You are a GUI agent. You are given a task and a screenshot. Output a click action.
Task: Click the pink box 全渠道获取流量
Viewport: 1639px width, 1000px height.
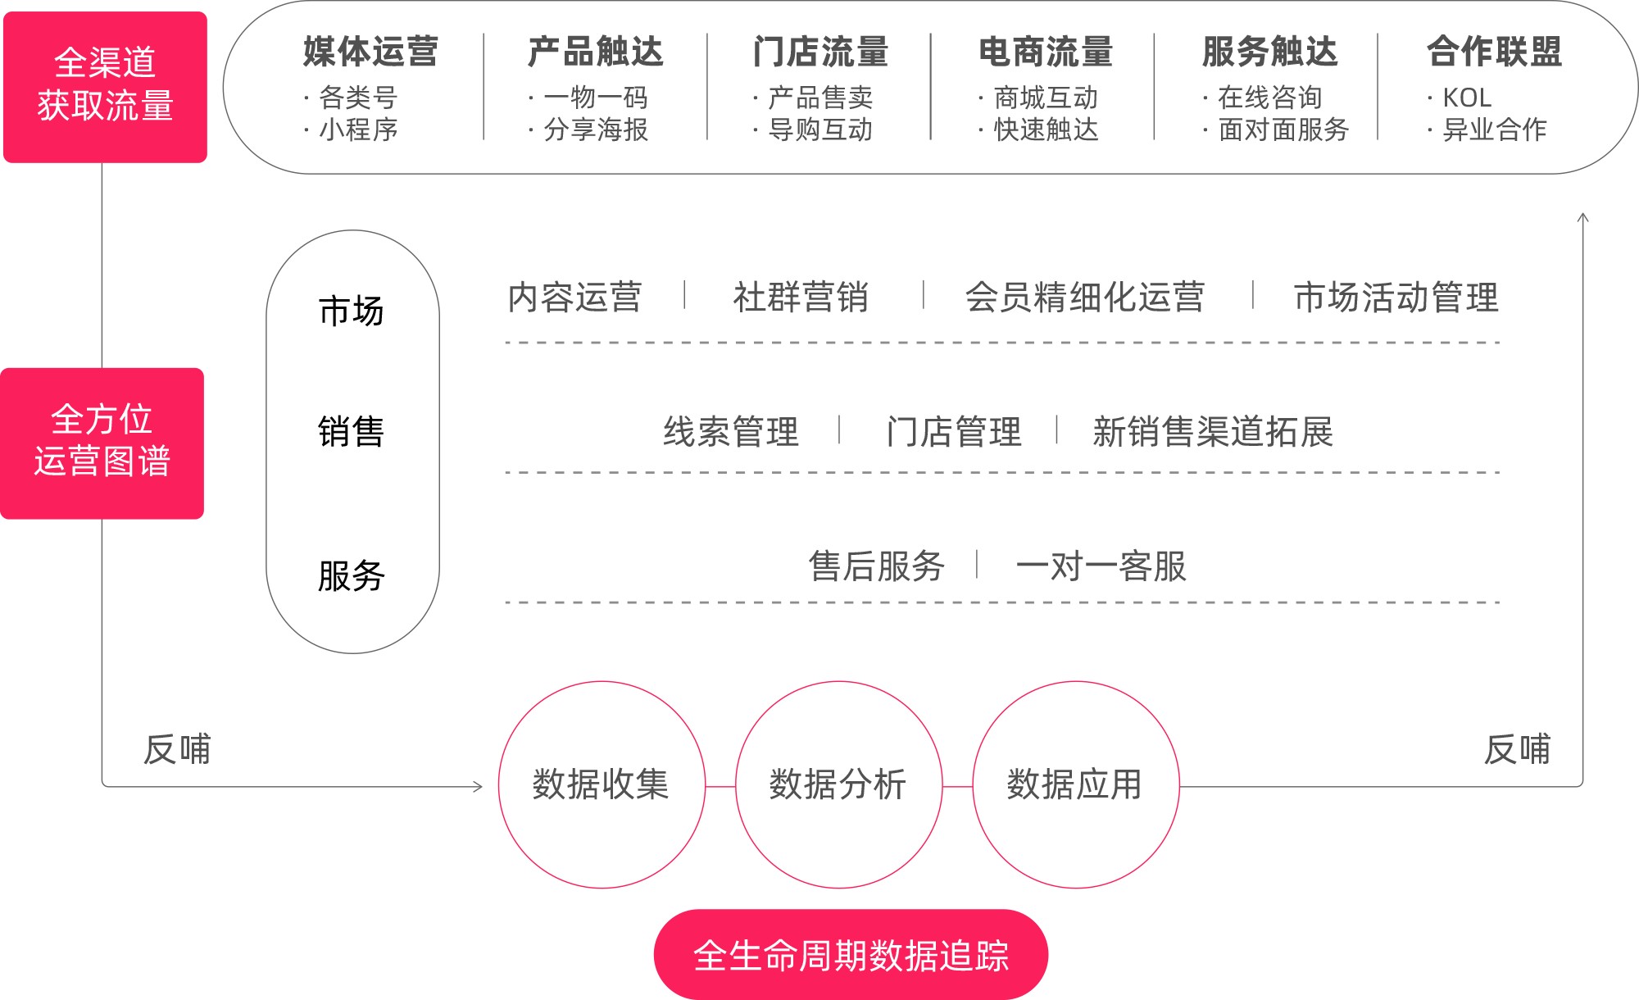pos(105,86)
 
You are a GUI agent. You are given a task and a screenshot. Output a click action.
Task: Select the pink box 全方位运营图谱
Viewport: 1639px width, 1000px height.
pos(102,443)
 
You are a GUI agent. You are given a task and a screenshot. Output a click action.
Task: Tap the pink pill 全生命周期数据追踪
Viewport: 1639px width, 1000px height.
pos(851,955)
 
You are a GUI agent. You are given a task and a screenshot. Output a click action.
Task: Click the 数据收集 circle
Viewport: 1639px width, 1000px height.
pos(602,784)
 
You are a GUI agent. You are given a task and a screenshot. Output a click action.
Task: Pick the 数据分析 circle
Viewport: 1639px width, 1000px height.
pos(838,784)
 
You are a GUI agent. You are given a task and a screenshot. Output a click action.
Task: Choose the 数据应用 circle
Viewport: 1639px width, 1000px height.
pos(1075,784)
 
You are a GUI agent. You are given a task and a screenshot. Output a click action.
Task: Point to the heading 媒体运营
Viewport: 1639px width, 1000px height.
pos(370,52)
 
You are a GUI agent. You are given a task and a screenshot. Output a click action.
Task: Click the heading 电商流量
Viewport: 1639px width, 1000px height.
pos(1046,52)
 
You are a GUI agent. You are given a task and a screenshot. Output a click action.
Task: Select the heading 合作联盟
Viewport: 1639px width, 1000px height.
pos(1494,52)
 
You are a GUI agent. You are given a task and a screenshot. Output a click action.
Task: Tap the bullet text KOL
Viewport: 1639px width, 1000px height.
pos(1467,98)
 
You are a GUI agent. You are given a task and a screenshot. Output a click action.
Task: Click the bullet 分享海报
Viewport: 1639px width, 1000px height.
pos(596,130)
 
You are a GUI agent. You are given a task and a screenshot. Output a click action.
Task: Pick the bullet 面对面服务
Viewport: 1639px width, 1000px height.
pos(1283,130)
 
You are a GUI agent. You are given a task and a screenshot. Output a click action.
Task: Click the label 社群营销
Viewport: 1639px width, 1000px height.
pos(801,297)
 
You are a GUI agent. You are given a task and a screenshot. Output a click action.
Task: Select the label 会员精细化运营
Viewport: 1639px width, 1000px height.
pos(1084,297)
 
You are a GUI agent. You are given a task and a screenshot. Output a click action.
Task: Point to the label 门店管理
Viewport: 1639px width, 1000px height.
pos(954,431)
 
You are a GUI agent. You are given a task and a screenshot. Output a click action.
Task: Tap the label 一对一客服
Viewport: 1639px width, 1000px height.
pos(1101,566)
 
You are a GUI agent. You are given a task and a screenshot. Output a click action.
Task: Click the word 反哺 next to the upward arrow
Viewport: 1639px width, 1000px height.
pos(1517,749)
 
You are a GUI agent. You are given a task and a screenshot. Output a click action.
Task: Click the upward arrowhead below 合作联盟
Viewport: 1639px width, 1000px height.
pos(1583,217)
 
